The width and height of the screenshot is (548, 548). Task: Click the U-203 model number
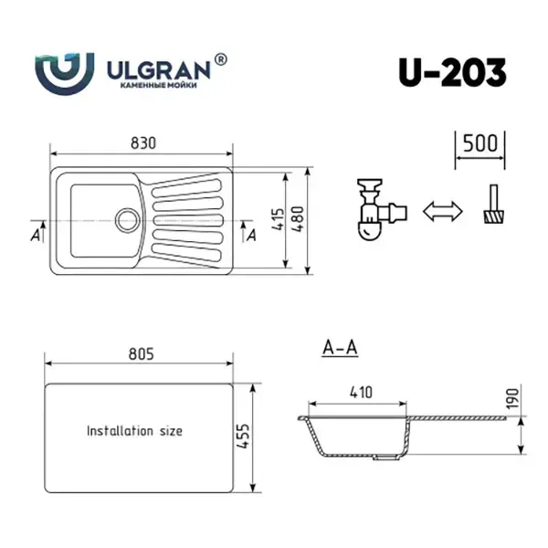click(x=452, y=73)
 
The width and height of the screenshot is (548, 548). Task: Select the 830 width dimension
click(x=143, y=143)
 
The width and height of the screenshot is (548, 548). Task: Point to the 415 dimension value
click(x=279, y=219)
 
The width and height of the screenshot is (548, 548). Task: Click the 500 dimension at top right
click(x=479, y=143)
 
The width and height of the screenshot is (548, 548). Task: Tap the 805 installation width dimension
click(x=142, y=354)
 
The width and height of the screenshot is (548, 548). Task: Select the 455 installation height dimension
click(x=243, y=437)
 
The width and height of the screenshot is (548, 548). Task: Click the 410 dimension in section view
click(x=361, y=393)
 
